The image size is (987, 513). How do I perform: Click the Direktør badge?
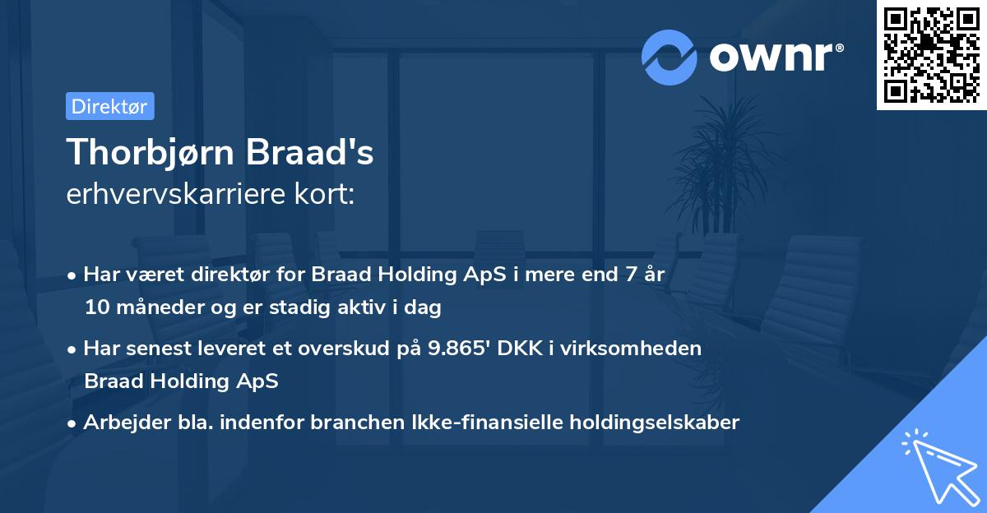pos(109,106)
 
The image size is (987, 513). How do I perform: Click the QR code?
pos(931,54)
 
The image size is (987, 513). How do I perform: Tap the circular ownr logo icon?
pos(669,57)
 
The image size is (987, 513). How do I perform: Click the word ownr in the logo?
pos(770,57)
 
